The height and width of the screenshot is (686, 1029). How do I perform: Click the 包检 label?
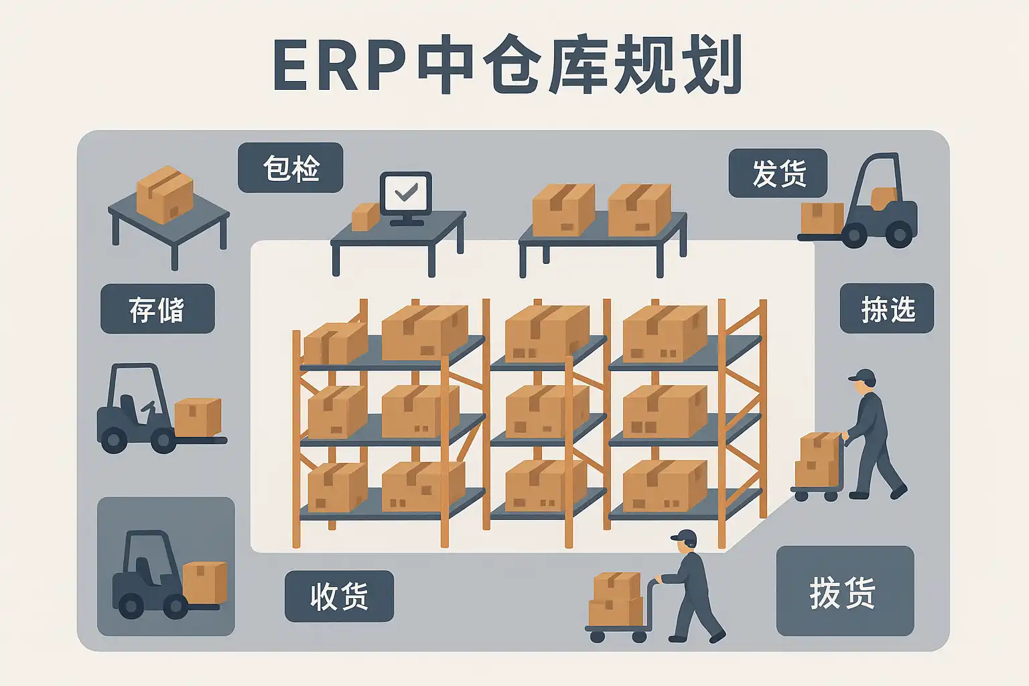tap(291, 168)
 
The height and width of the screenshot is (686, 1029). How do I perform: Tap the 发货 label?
tap(778, 174)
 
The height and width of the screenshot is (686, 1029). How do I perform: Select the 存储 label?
tap(157, 309)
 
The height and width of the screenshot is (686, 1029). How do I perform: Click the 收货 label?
tap(339, 596)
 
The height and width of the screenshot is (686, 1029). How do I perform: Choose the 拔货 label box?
tap(845, 591)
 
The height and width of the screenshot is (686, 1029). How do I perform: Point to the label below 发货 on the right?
tap(886, 309)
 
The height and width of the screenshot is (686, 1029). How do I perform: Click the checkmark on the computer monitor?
tap(406, 193)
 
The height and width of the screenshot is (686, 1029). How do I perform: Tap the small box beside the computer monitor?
tap(364, 217)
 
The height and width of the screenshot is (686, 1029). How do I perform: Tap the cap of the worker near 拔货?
tap(684, 536)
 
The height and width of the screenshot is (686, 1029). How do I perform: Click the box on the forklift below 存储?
tap(198, 417)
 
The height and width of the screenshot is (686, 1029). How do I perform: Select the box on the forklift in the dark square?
tap(204, 582)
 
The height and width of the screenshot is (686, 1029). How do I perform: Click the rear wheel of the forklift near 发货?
tap(898, 234)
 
